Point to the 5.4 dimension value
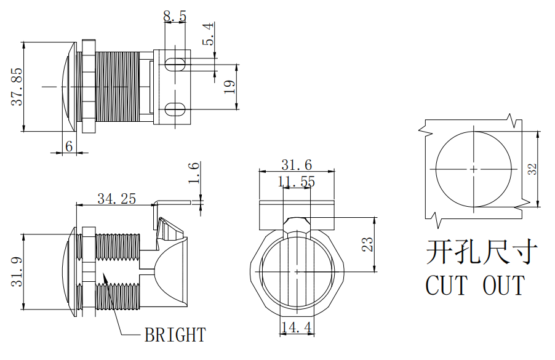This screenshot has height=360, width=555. [x=209, y=34]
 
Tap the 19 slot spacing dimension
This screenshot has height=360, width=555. [x=229, y=87]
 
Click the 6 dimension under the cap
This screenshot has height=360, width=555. [x=69, y=146]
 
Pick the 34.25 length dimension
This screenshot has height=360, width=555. [x=116, y=198]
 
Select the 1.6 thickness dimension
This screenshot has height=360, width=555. [x=194, y=172]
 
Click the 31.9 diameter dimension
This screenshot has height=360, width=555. [x=17, y=271]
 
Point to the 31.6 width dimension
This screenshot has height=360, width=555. [x=297, y=164]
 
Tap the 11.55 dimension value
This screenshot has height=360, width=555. [x=297, y=182]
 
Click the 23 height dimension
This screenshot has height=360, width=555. [x=367, y=244]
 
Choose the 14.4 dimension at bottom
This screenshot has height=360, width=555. [x=296, y=327]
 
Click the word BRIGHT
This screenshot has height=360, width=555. [x=175, y=335]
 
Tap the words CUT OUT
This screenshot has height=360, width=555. [x=475, y=286]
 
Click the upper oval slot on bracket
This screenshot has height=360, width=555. [x=176, y=63]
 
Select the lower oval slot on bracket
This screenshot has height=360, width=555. [x=176, y=110]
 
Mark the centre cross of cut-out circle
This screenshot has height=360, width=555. [x=473, y=169]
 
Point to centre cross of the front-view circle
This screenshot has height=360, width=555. [x=297, y=271]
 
